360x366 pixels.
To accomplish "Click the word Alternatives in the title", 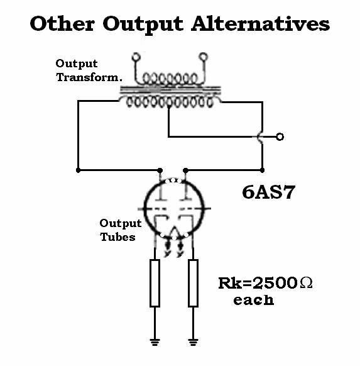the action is click(261, 24).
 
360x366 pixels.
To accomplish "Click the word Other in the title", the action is click(62, 24).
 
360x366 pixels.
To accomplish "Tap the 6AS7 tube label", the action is click(269, 192).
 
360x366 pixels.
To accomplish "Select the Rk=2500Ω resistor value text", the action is click(265, 284).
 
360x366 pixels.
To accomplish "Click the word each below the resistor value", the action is click(253, 300).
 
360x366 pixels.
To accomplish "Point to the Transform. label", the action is click(89, 77).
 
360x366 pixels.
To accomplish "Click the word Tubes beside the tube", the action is click(117, 237).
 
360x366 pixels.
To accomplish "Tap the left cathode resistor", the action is click(155, 283).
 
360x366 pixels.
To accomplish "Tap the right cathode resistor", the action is click(193, 283).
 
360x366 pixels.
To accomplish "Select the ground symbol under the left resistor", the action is click(155, 342).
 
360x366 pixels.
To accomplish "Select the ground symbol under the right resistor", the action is click(193, 342).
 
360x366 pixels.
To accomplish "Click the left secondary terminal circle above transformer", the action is click(136, 57).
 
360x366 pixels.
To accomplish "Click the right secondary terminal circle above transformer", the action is click(204, 57).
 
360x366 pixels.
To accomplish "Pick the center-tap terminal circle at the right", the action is click(280, 137).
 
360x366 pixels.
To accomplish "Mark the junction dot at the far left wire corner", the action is click(79, 170).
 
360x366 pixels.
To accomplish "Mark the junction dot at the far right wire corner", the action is click(263, 170).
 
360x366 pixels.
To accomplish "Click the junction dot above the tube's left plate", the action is click(160, 170).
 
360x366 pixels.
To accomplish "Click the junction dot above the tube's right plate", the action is click(185, 170).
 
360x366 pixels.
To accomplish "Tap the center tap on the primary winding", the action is click(169, 107).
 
